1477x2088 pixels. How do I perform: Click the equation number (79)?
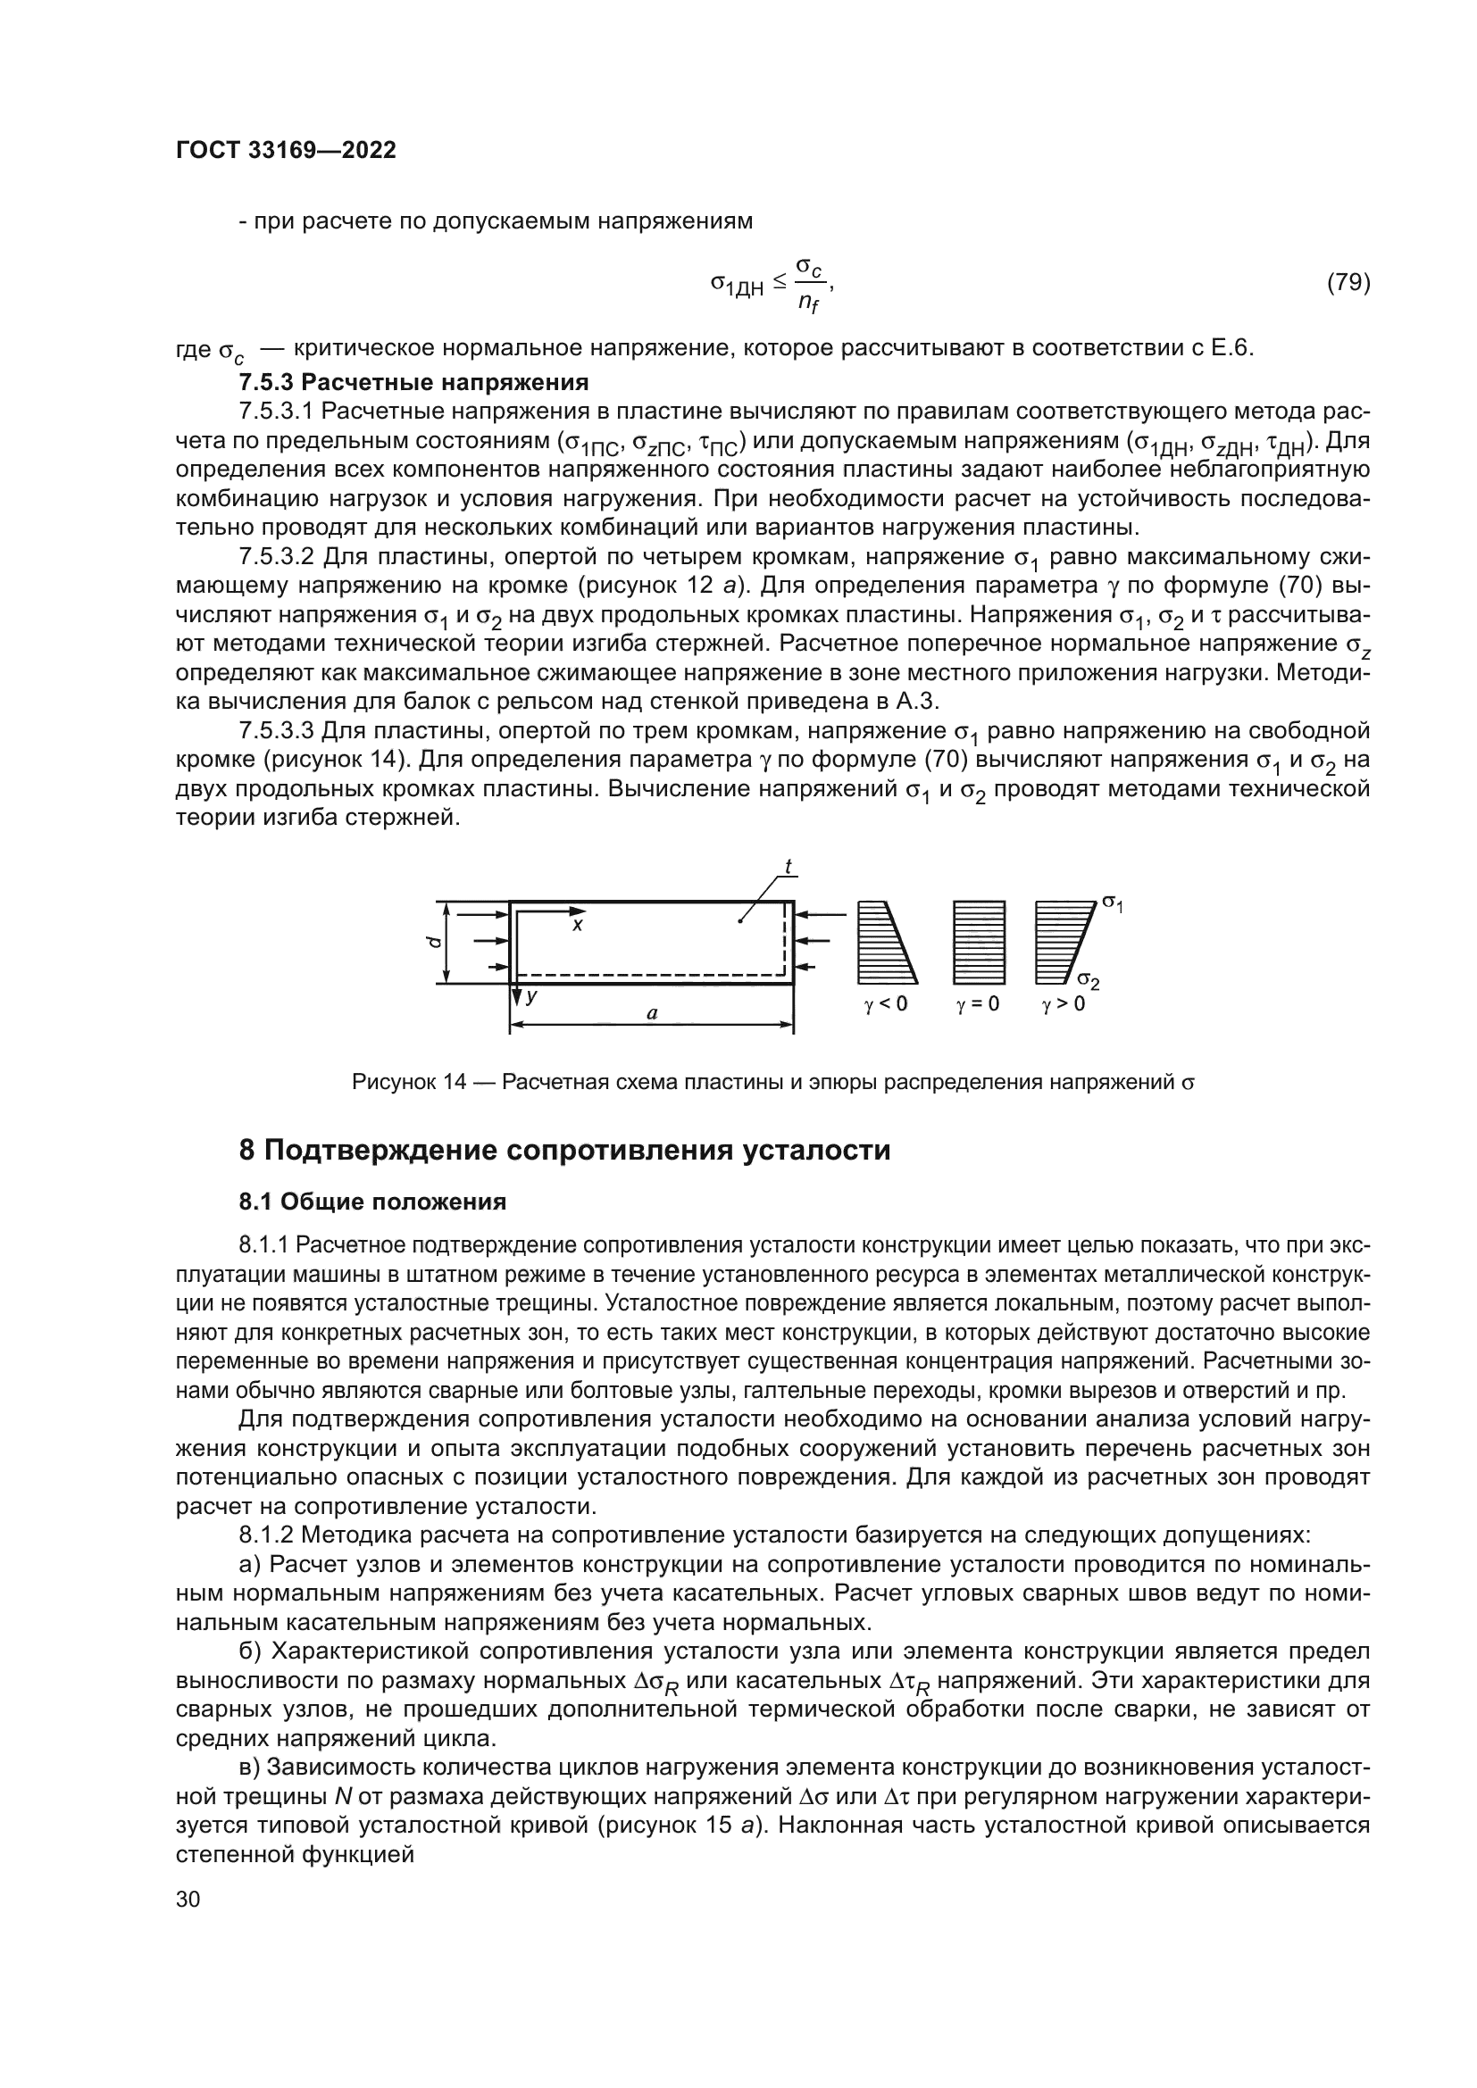[1348, 283]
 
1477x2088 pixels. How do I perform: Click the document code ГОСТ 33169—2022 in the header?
[286, 151]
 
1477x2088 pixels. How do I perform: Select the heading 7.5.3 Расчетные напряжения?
[413, 381]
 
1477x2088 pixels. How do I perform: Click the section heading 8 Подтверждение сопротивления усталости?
[564, 1151]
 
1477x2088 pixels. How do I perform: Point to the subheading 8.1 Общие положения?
[372, 1202]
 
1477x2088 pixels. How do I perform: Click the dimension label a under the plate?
[651, 1012]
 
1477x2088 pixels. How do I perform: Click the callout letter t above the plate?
[789, 868]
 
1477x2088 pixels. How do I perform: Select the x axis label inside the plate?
[577, 925]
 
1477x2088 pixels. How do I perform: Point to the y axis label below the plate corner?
[531, 996]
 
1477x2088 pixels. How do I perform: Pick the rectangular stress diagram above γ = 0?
[979, 942]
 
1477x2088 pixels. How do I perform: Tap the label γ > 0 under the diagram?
[1064, 1005]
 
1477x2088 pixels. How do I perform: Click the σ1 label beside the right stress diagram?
[1113, 903]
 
